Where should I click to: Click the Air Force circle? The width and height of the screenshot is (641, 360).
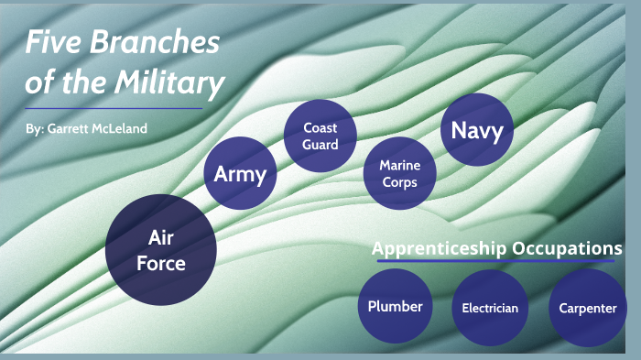[x=160, y=249]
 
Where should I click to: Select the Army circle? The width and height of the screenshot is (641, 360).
[x=240, y=174]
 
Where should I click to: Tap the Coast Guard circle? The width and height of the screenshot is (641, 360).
[x=320, y=136]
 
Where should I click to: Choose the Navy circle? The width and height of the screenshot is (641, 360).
[x=477, y=131]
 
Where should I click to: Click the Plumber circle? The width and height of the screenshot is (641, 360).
[x=395, y=307]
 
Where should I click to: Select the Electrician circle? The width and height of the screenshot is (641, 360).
[x=490, y=308]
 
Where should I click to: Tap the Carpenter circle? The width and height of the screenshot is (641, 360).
[x=587, y=308]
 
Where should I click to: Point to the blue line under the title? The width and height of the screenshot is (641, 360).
[x=114, y=108]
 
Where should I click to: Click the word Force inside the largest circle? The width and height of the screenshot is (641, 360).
[x=161, y=264]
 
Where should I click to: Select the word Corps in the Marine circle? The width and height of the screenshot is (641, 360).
[x=400, y=182]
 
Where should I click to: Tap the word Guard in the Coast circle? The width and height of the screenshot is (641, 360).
[x=321, y=145]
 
